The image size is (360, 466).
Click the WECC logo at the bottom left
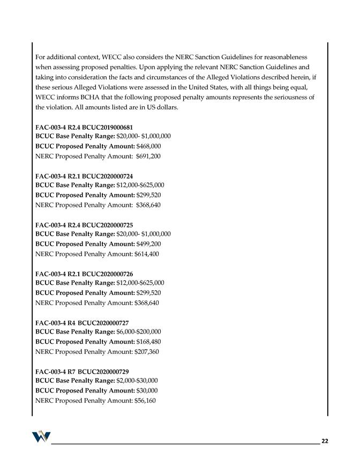click(x=40, y=437)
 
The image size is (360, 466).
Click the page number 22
click(x=325, y=441)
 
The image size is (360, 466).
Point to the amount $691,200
click(x=148, y=156)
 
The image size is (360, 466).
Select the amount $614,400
click(x=147, y=254)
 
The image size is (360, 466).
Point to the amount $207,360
click(x=147, y=352)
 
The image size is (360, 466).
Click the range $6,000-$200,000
click(x=138, y=332)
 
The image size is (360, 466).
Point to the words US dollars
click(x=160, y=107)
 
